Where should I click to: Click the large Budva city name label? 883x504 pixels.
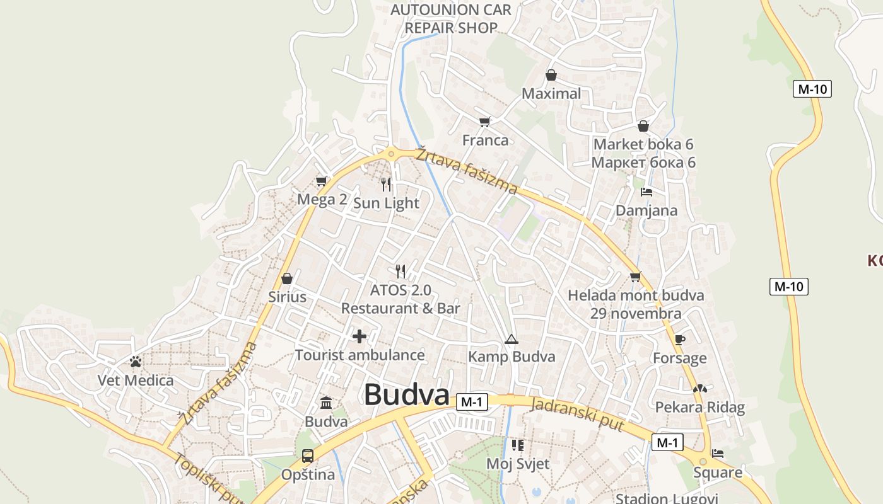[x=406, y=395]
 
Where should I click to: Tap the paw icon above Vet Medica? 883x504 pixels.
[x=136, y=362]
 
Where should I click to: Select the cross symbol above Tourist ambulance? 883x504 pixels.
[x=360, y=336]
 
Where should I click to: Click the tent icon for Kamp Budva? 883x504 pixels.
[x=511, y=340]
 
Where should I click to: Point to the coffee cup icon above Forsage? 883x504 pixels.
[x=679, y=340]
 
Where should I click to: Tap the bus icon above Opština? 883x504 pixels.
[x=308, y=455]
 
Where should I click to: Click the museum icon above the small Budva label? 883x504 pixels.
[x=326, y=403]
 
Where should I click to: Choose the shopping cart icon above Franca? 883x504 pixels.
[x=484, y=122]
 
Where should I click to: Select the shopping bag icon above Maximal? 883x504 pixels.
[x=551, y=76]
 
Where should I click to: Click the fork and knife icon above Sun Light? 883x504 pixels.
[x=386, y=185]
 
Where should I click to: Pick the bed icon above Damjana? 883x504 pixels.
[x=646, y=192]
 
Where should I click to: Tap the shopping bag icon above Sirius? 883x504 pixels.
[x=287, y=278]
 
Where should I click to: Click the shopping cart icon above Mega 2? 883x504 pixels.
[x=322, y=181]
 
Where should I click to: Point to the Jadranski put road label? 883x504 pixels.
[x=577, y=414]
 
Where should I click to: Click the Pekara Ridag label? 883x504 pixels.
[x=699, y=407]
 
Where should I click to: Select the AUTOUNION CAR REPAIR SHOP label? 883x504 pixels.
[x=451, y=19]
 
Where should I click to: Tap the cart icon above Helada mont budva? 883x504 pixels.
[x=635, y=277]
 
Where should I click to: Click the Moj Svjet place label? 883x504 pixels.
[x=518, y=464]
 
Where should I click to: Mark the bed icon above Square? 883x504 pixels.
[x=718, y=453]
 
